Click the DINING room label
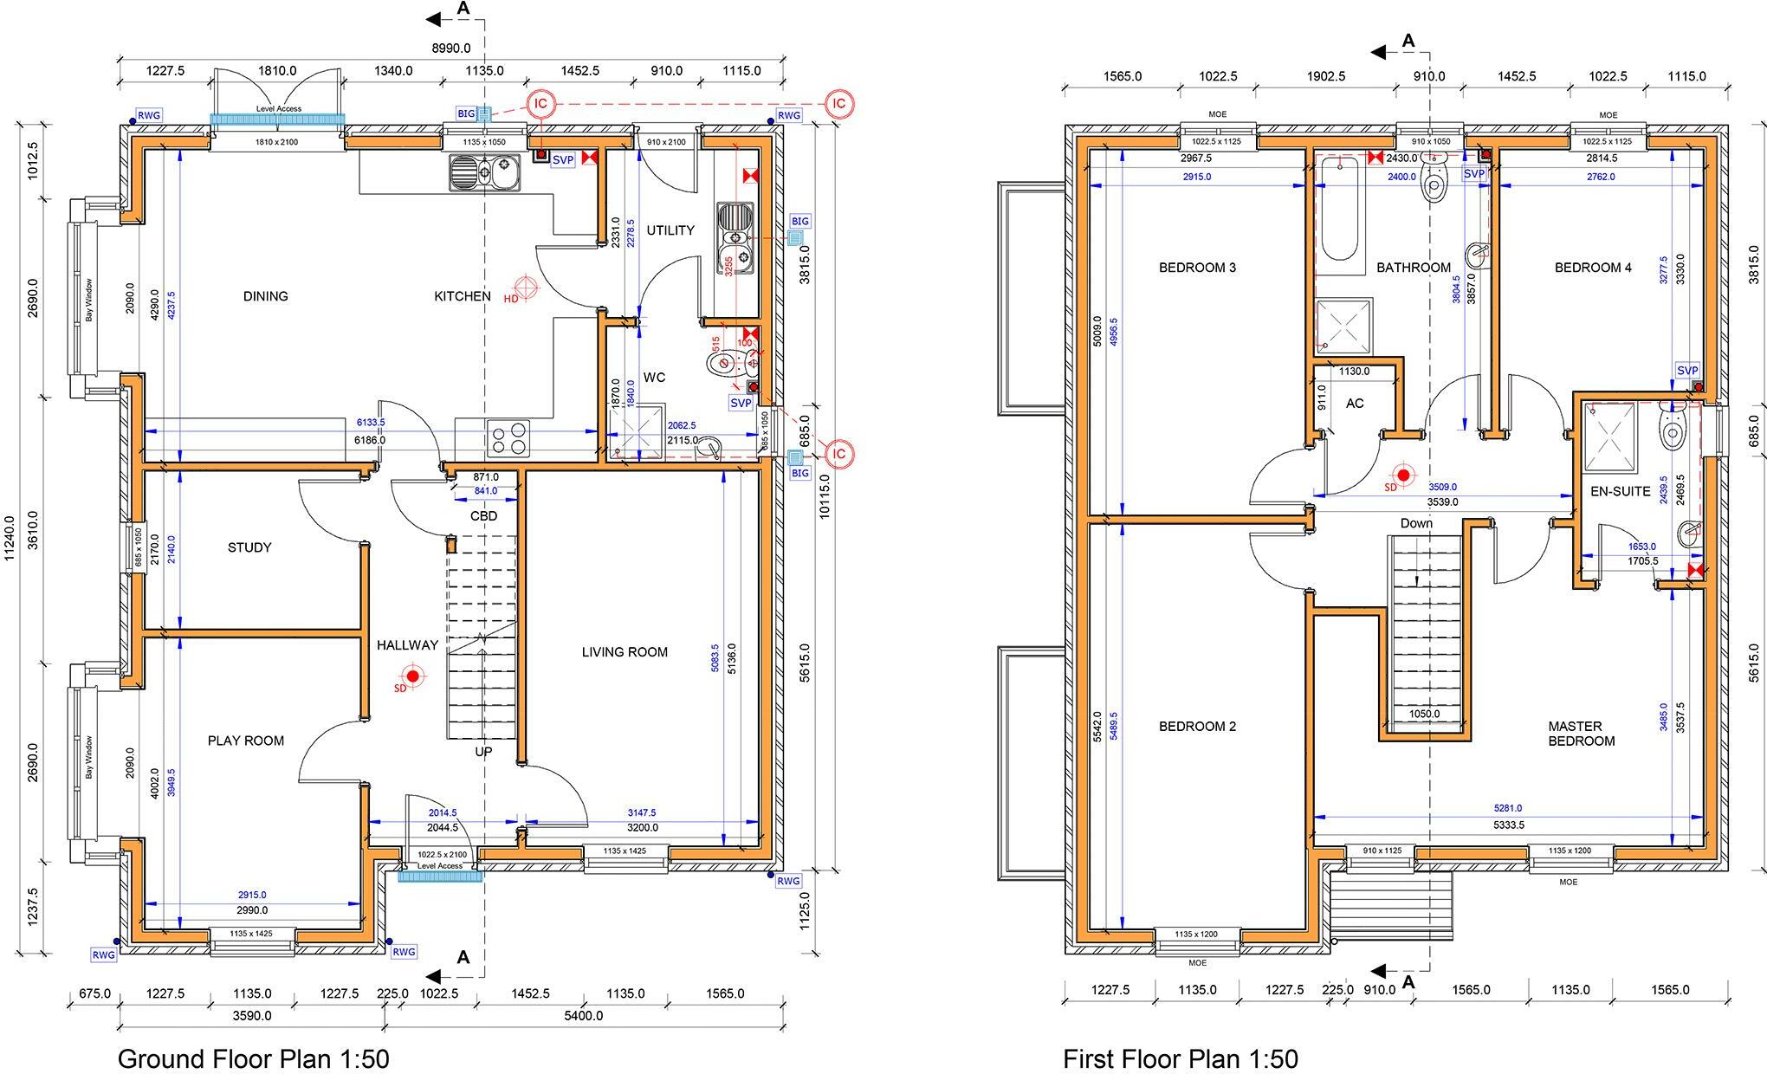(x=265, y=296)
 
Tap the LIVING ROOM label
(x=625, y=652)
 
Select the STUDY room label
(x=249, y=547)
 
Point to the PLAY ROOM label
(x=246, y=741)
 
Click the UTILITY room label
(x=670, y=230)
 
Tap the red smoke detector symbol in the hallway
(x=412, y=676)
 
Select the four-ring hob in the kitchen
(x=509, y=437)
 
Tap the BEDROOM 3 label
(x=1197, y=268)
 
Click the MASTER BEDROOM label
(x=1582, y=734)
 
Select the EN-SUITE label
(x=1621, y=491)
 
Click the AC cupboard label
(x=1355, y=404)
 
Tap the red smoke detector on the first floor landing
(x=1403, y=475)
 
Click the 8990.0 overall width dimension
(x=451, y=49)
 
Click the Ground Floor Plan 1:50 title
(x=253, y=1058)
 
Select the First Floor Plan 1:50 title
(x=1181, y=1058)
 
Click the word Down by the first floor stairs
(x=1416, y=523)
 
